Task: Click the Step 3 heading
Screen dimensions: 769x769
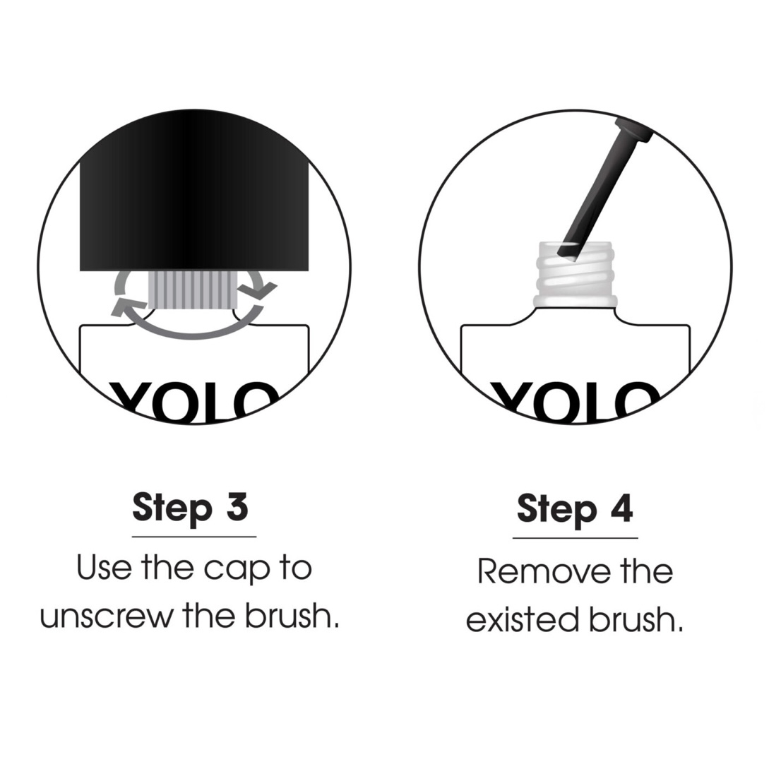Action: point(190,508)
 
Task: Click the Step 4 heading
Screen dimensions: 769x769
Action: point(575,510)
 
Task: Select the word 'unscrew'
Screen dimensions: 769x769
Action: point(107,616)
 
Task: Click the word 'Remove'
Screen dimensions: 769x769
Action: point(544,572)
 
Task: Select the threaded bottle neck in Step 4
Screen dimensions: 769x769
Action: point(576,275)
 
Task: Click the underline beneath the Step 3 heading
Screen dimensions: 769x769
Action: point(194,537)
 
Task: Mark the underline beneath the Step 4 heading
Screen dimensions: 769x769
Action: point(576,538)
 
